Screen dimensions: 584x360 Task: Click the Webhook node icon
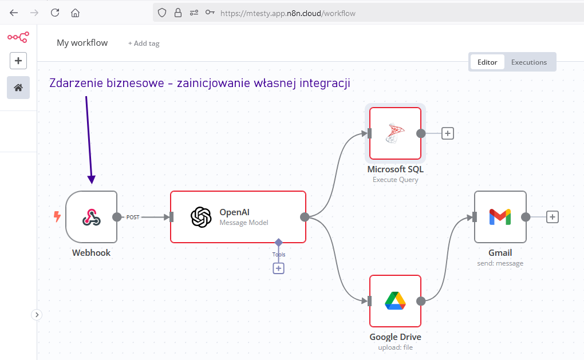pos(91,217)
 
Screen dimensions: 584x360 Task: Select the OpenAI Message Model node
pos(238,217)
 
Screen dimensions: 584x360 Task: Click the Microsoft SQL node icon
pos(395,133)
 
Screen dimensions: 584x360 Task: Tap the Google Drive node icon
pos(395,301)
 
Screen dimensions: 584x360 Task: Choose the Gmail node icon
pos(500,217)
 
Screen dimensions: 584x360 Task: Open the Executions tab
pos(529,62)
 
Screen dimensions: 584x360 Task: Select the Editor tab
pos(487,62)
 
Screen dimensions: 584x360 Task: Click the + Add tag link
pos(144,43)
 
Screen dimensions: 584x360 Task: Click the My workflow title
pos(82,43)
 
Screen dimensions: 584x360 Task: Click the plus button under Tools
pos(279,268)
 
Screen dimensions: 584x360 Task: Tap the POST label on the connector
pos(133,217)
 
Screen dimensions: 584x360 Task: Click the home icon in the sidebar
pos(18,88)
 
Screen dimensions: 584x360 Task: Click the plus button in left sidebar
pos(18,61)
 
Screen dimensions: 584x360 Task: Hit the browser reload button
pos(55,13)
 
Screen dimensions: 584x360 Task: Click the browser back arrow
pos(14,13)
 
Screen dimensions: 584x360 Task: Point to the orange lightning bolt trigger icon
pos(57,216)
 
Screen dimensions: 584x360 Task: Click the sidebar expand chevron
pos(37,315)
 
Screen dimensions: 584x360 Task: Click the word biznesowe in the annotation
pos(135,82)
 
